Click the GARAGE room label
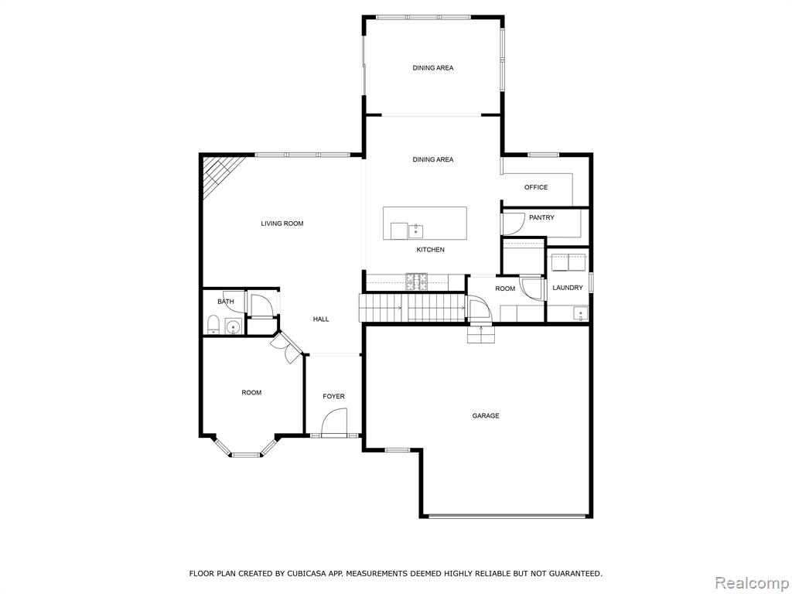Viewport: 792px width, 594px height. (x=486, y=415)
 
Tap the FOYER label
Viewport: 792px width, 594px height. (x=333, y=397)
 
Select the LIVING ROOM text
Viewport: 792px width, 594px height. (x=282, y=224)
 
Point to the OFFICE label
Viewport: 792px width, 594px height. (x=535, y=187)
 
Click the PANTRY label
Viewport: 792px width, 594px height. (x=541, y=217)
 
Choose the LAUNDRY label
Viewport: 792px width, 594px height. (x=567, y=288)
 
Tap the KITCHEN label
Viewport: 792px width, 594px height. (x=430, y=250)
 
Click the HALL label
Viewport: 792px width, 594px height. (x=321, y=319)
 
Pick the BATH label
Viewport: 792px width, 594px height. (x=226, y=302)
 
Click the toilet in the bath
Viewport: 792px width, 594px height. (x=213, y=324)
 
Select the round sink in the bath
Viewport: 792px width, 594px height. (x=233, y=327)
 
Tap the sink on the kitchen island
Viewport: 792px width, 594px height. (x=415, y=231)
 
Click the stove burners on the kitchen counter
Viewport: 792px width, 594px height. (x=417, y=282)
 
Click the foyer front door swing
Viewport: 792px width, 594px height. (x=334, y=421)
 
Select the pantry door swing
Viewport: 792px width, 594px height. (x=512, y=224)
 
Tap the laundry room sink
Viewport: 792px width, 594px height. (x=580, y=313)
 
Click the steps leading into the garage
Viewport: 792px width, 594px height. (x=480, y=334)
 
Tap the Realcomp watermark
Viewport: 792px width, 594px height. (x=753, y=583)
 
